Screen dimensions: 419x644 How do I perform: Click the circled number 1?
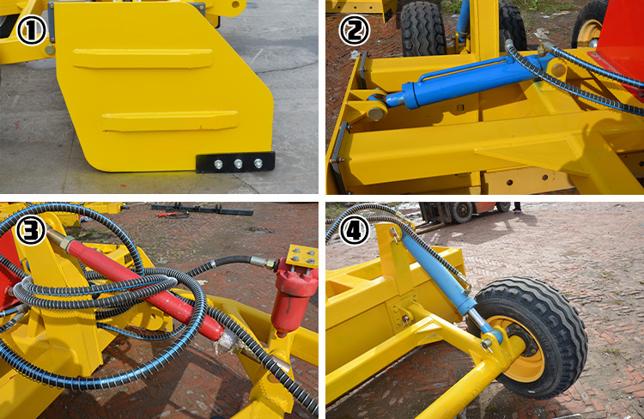click(x=32, y=33)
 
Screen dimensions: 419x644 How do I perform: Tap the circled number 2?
click(x=354, y=33)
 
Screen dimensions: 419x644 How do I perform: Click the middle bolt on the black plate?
click(x=238, y=163)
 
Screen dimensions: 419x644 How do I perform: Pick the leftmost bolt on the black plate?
click(x=218, y=163)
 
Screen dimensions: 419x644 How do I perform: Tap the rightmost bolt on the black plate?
click(x=258, y=163)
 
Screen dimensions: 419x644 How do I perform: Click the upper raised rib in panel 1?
click(x=142, y=58)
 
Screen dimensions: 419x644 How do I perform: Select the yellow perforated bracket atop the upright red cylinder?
click(x=302, y=256)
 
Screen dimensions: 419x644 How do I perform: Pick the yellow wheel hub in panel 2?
click(x=591, y=32)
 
